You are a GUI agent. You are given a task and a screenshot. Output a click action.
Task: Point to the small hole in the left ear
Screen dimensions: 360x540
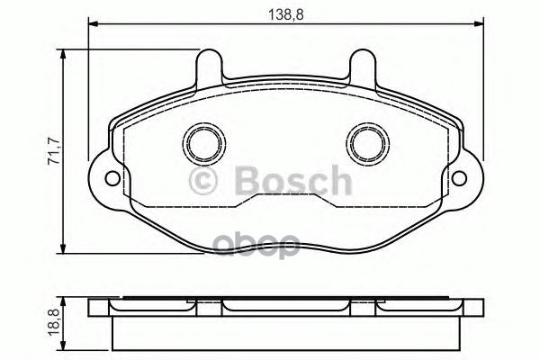pyautogui.click(x=112, y=176)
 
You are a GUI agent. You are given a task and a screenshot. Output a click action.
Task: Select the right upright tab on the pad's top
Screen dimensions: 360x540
pyautogui.click(x=364, y=67)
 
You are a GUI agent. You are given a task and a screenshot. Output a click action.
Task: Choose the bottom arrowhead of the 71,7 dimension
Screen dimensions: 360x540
pyautogui.click(x=64, y=248)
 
